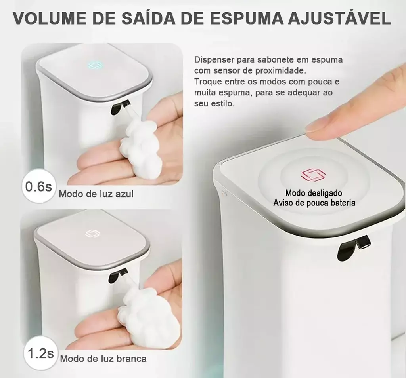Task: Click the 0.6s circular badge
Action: click(x=38, y=186)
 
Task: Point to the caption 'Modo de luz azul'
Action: click(x=96, y=194)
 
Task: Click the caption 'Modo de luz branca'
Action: click(x=103, y=359)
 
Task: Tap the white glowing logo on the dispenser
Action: click(x=91, y=234)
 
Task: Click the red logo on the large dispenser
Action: click(x=313, y=175)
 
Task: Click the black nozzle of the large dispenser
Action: click(x=354, y=247)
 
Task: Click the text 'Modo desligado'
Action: click(x=314, y=193)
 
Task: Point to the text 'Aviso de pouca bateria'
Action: click(x=314, y=203)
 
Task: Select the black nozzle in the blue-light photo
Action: click(x=120, y=107)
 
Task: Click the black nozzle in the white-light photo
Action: click(x=119, y=275)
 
